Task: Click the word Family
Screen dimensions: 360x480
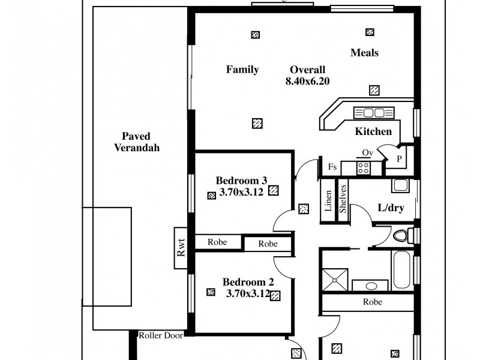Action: pyautogui.click(x=242, y=70)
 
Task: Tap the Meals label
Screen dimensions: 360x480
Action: pyautogui.click(x=364, y=53)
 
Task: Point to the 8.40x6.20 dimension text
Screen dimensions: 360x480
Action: pyautogui.click(x=308, y=81)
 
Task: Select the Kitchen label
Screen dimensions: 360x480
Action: pyautogui.click(x=373, y=131)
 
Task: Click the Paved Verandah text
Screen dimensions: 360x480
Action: pyautogui.click(x=137, y=142)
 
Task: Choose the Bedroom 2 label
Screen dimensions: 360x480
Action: pyautogui.click(x=248, y=282)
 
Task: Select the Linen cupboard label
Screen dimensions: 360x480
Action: pyautogui.click(x=328, y=201)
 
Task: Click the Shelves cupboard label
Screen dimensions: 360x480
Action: pyautogui.click(x=344, y=199)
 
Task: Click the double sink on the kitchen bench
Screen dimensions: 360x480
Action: pyautogui.click(x=373, y=113)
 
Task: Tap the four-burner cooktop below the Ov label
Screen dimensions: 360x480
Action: pyautogui.click(x=364, y=168)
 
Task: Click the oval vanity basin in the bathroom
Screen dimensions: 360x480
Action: pyautogui.click(x=370, y=286)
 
